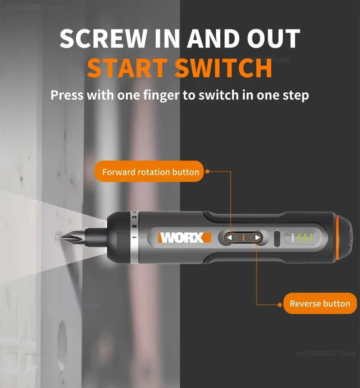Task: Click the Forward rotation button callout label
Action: point(150,172)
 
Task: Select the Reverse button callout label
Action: point(320,304)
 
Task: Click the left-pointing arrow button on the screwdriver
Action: point(230,238)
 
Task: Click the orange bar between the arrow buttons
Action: point(243,238)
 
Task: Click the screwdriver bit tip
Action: point(65,238)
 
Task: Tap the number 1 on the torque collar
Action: point(134,238)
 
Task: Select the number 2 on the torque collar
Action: point(134,227)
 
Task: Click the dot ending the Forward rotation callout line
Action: point(207,172)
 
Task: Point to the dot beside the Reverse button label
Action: point(280,305)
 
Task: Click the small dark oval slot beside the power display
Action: point(277,238)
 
